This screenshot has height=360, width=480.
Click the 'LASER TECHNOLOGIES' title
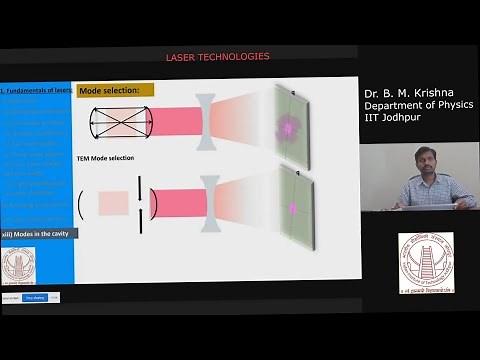[217, 56]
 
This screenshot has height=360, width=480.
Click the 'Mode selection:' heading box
[116, 90]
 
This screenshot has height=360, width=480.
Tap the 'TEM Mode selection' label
[106, 158]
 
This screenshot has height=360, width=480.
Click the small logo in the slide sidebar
[17, 262]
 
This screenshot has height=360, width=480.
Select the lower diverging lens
[210, 204]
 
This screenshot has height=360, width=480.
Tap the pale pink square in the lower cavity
[113, 204]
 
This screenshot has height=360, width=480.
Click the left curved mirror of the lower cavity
[80, 204]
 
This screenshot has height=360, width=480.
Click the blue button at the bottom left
[35, 297]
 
